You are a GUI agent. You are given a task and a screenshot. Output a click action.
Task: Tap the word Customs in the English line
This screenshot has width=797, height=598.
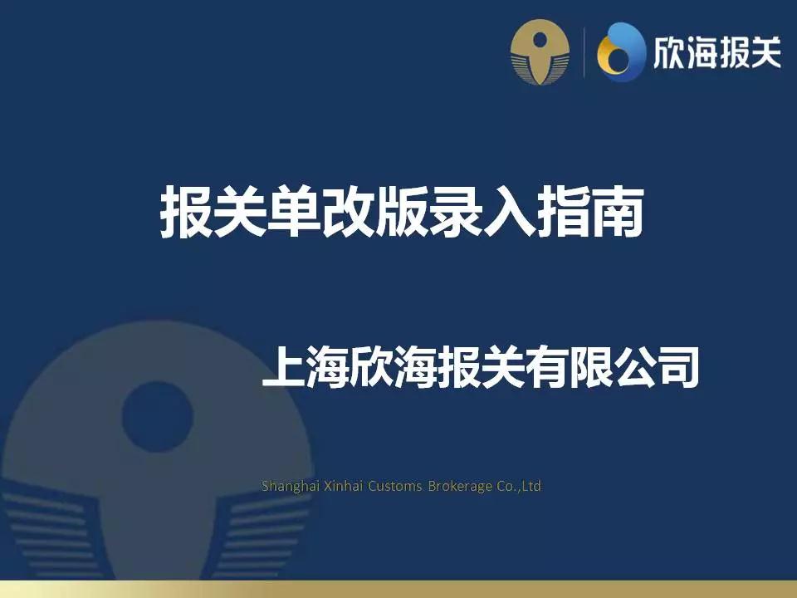(394, 486)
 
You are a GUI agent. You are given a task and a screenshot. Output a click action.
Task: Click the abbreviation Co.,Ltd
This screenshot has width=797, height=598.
(520, 486)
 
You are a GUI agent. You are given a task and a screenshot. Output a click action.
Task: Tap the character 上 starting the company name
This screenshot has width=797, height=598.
(282, 369)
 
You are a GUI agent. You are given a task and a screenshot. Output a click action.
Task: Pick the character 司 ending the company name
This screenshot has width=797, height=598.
(677, 369)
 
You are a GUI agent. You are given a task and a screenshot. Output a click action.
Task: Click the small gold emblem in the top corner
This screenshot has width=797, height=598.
(540, 51)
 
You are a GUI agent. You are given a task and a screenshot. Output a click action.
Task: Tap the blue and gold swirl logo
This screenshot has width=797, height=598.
(620, 51)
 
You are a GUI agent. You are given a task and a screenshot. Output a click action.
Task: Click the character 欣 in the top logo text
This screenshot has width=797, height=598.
(671, 51)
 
